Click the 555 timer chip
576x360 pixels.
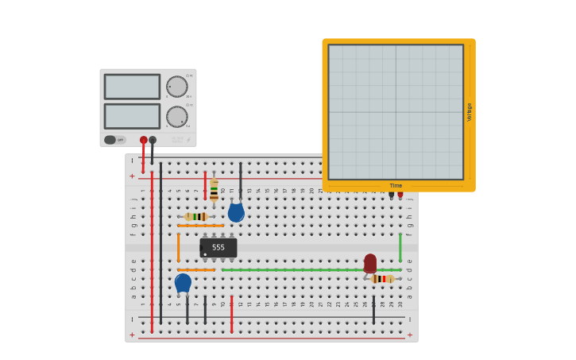(218, 248)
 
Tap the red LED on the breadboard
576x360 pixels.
(370, 263)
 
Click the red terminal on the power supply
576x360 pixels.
(144, 140)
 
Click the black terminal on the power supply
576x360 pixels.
(153, 140)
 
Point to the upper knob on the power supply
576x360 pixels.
(176, 87)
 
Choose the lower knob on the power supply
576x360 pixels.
(176, 117)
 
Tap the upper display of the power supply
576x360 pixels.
(132, 87)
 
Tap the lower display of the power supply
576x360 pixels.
(132, 116)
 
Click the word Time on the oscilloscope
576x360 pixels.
(396, 186)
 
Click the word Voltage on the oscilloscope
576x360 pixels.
(470, 111)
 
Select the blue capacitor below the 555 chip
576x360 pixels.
(183, 283)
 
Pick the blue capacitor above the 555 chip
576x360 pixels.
(236, 212)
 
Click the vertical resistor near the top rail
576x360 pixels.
(214, 189)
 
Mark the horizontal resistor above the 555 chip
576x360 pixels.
(196, 216)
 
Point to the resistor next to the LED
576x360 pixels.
(382, 279)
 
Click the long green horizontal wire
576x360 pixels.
(310, 270)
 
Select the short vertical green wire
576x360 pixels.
(400, 247)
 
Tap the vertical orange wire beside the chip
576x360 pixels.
(178, 247)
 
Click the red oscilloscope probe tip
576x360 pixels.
(400, 195)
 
